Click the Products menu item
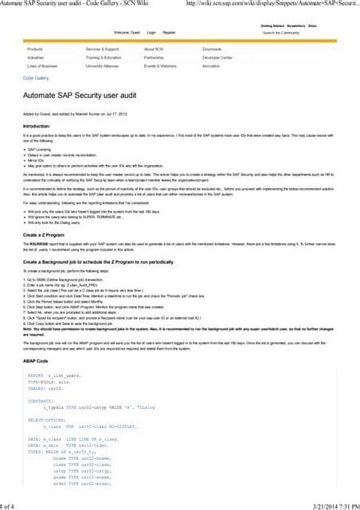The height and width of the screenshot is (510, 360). pos(35,49)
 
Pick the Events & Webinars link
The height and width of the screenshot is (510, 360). pos(161,66)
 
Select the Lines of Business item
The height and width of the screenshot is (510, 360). pos(42,66)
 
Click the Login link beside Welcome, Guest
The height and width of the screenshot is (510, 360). pos(151,33)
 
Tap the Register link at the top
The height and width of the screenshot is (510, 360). pos(169,33)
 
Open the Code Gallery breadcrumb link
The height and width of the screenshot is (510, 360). pos(36,78)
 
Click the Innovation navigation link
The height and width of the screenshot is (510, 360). pos(211,66)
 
